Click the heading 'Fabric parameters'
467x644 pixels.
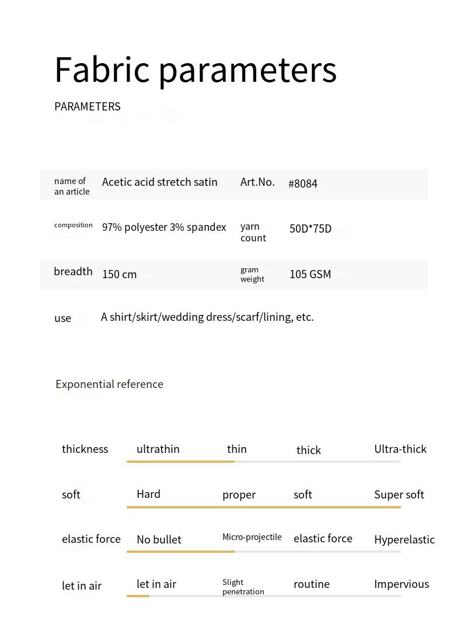(195, 70)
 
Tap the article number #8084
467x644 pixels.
(303, 183)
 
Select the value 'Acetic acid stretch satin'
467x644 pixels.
(159, 182)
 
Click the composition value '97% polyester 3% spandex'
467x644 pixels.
(164, 227)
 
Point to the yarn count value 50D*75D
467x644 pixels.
(311, 228)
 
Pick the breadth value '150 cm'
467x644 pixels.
(119, 275)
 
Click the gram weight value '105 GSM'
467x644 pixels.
(310, 275)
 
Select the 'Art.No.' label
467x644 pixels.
(257, 182)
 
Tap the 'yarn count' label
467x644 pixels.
(253, 232)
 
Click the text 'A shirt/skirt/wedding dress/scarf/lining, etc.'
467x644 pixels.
(207, 317)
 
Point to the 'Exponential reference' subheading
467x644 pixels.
(109, 385)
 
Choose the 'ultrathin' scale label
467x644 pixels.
(158, 449)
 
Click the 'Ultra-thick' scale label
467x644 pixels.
(400, 449)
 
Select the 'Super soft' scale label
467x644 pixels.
(399, 495)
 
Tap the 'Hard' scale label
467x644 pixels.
(148, 494)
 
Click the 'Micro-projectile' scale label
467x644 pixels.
(252, 537)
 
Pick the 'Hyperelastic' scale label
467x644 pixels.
(404, 540)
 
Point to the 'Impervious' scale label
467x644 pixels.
(401, 584)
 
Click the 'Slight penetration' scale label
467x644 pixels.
(243, 587)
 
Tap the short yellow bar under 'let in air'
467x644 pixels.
(138, 596)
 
